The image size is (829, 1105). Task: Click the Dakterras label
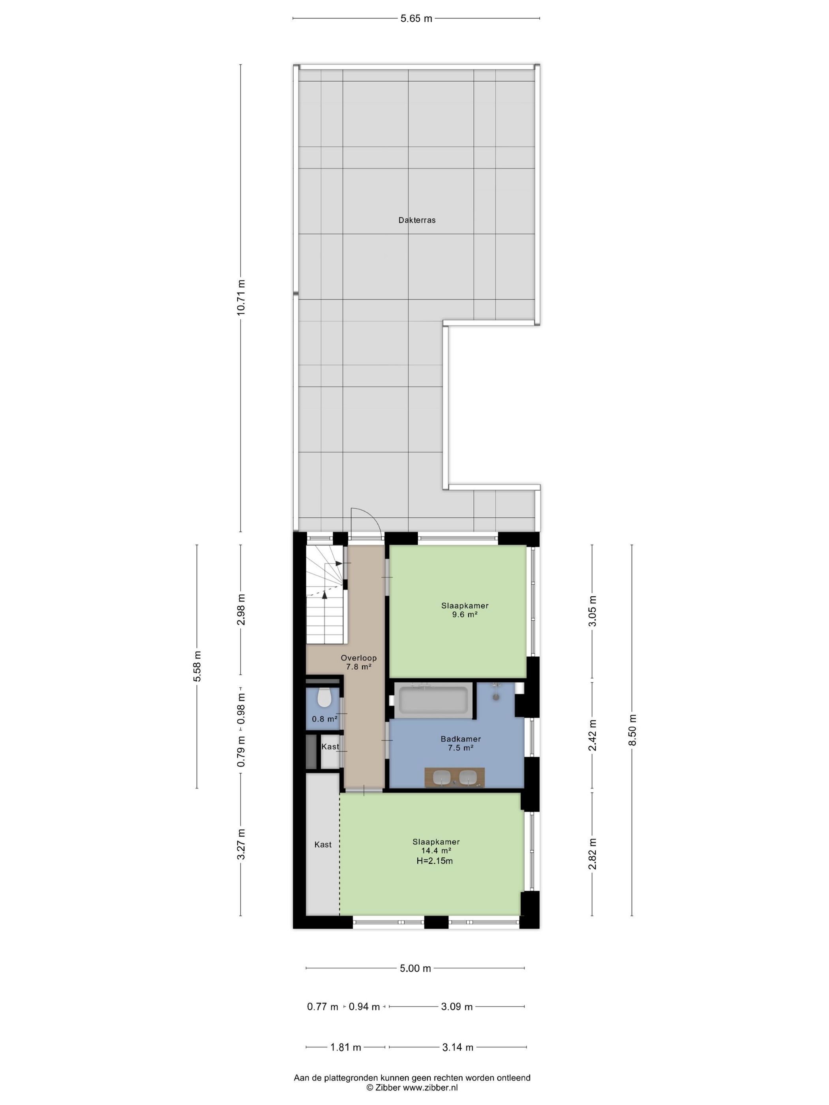(x=417, y=220)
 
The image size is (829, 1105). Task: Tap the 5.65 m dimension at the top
(x=416, y=19)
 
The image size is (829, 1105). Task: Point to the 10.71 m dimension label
(x=241, y=297)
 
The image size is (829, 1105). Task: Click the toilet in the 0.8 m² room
(x=324, y=697)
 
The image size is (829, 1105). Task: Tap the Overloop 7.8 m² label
(x=359, y=662)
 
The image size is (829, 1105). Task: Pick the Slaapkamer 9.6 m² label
(x=465, y=610)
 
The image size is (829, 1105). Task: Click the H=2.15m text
(x=435, y=861)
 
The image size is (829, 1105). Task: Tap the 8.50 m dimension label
(x=633, y=730)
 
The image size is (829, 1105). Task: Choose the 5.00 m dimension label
(x=415, y=968)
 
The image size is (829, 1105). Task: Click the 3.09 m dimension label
(x=457, y=1007)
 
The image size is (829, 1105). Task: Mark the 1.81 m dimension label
(x=345, y=1047)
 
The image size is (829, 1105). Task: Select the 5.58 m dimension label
(x=197, y=666)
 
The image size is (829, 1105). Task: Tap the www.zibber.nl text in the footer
(x=430, y=1088)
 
